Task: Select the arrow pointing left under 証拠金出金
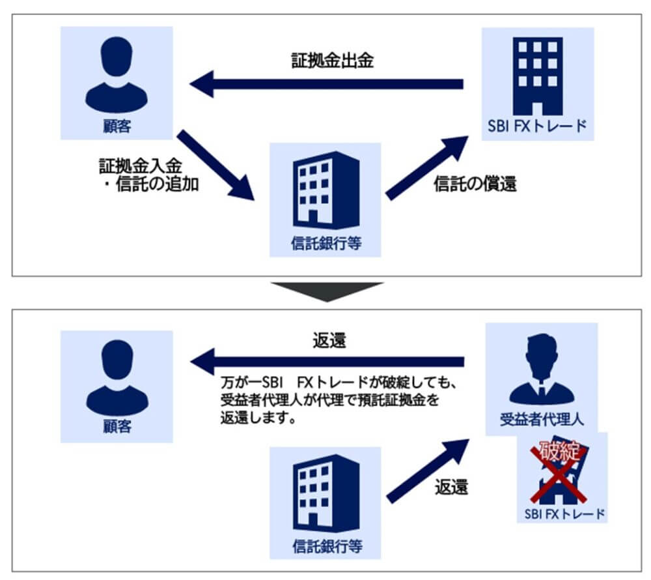pos(325,85)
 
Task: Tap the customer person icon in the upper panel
pos(117,73)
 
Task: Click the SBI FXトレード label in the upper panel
pos(538,126)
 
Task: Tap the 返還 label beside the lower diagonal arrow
pos(452,487)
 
